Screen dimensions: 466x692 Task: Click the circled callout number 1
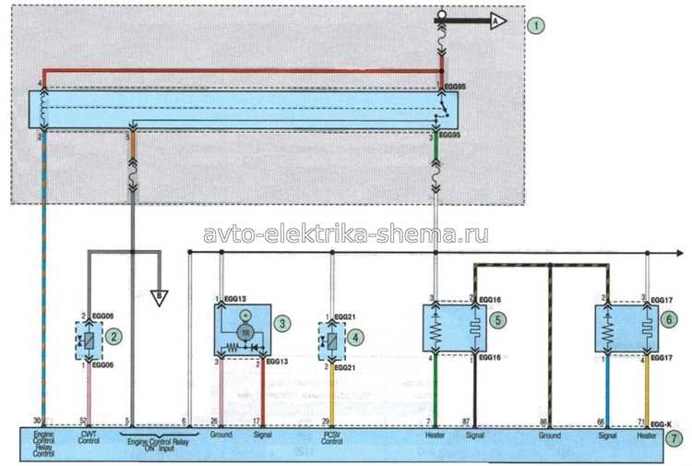[536, 25]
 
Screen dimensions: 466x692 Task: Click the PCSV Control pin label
[333, 436]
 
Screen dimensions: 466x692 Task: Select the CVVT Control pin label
[89, 436]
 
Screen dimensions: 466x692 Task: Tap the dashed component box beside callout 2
[88, 337]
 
